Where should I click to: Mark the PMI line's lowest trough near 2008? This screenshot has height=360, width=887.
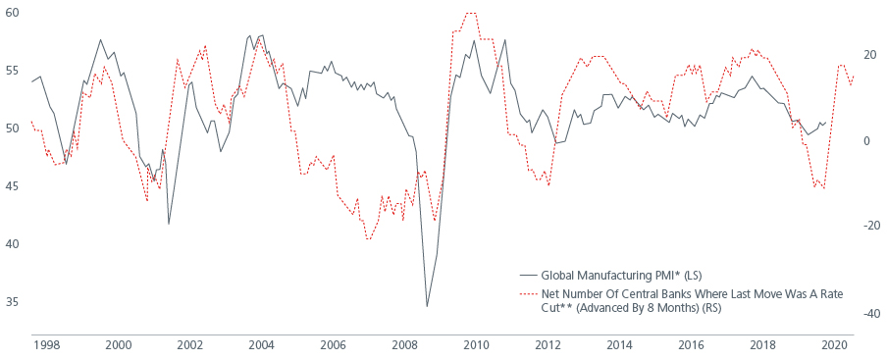click(427, 306)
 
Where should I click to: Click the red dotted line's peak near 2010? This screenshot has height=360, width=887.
click(470, 14)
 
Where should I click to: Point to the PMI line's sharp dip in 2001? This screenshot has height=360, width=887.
click(169, 224)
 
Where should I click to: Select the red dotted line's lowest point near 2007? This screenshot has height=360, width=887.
click(369, 239)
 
